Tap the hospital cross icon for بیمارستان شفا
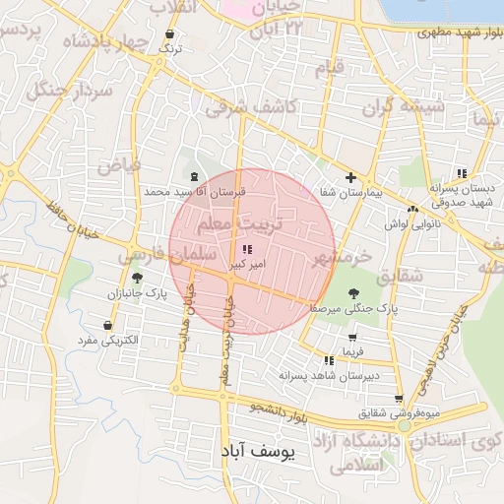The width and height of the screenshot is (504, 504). point(350,176)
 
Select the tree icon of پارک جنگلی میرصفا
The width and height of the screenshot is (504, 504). point(353,292)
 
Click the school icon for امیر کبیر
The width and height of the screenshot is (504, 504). point(245,250)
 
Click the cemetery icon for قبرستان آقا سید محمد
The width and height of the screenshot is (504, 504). point(193,177)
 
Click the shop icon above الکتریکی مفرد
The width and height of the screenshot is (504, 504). point(106,325)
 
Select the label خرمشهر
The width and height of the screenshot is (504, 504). point(341,259)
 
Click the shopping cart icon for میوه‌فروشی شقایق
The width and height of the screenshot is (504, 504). point(398,399)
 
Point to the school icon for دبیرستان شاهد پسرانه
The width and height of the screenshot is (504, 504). point(329,361)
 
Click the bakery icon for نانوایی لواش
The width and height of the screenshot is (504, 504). point(412,209)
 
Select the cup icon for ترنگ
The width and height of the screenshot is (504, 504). point(171,33)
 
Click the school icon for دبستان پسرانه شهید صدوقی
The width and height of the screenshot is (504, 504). point(462,173)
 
